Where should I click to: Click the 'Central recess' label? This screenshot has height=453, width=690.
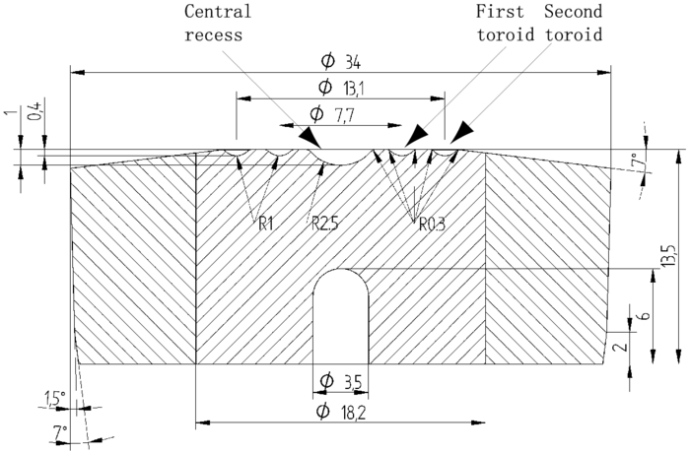[218, 23]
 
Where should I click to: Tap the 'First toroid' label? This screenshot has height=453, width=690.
[505, 23]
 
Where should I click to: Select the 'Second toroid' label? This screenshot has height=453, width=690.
[574, 23]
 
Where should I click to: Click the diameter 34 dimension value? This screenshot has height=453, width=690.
[341, 62]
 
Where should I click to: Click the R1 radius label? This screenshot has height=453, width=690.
[266, 225]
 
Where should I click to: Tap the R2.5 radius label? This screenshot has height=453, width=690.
[324, 225]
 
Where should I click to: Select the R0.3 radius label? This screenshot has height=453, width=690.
[432, 225]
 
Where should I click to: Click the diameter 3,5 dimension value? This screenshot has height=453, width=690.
[341, 381]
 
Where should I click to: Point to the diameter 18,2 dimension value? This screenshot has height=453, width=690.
[341, 412]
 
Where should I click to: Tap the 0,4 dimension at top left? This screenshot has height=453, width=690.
[36, 111]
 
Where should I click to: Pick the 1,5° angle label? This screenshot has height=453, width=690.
[55, 399]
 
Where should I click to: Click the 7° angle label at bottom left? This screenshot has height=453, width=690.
[61, 432]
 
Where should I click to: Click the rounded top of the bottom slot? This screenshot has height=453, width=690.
[341, 270]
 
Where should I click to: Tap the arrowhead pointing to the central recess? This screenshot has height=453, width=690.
[311, 137]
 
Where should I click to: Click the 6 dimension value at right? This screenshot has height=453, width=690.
[645, 316]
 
